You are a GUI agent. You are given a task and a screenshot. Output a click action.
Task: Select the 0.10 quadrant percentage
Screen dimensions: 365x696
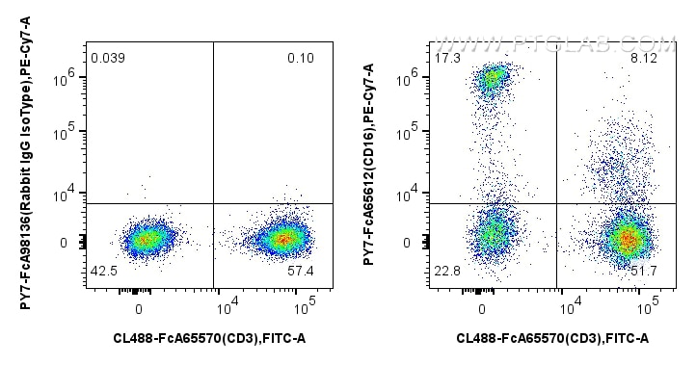point(301,60)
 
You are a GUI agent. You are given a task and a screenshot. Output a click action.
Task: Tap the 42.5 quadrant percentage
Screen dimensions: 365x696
point(102,272)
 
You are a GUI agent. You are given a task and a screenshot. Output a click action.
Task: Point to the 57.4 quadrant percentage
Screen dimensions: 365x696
point(302,272)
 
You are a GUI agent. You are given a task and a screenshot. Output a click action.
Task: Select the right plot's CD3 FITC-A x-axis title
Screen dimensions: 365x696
point(552,338)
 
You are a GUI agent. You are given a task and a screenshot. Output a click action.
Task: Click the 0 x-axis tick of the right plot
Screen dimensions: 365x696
point(481,308)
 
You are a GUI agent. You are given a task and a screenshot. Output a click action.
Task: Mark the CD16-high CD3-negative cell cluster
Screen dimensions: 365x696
point(493,78)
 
